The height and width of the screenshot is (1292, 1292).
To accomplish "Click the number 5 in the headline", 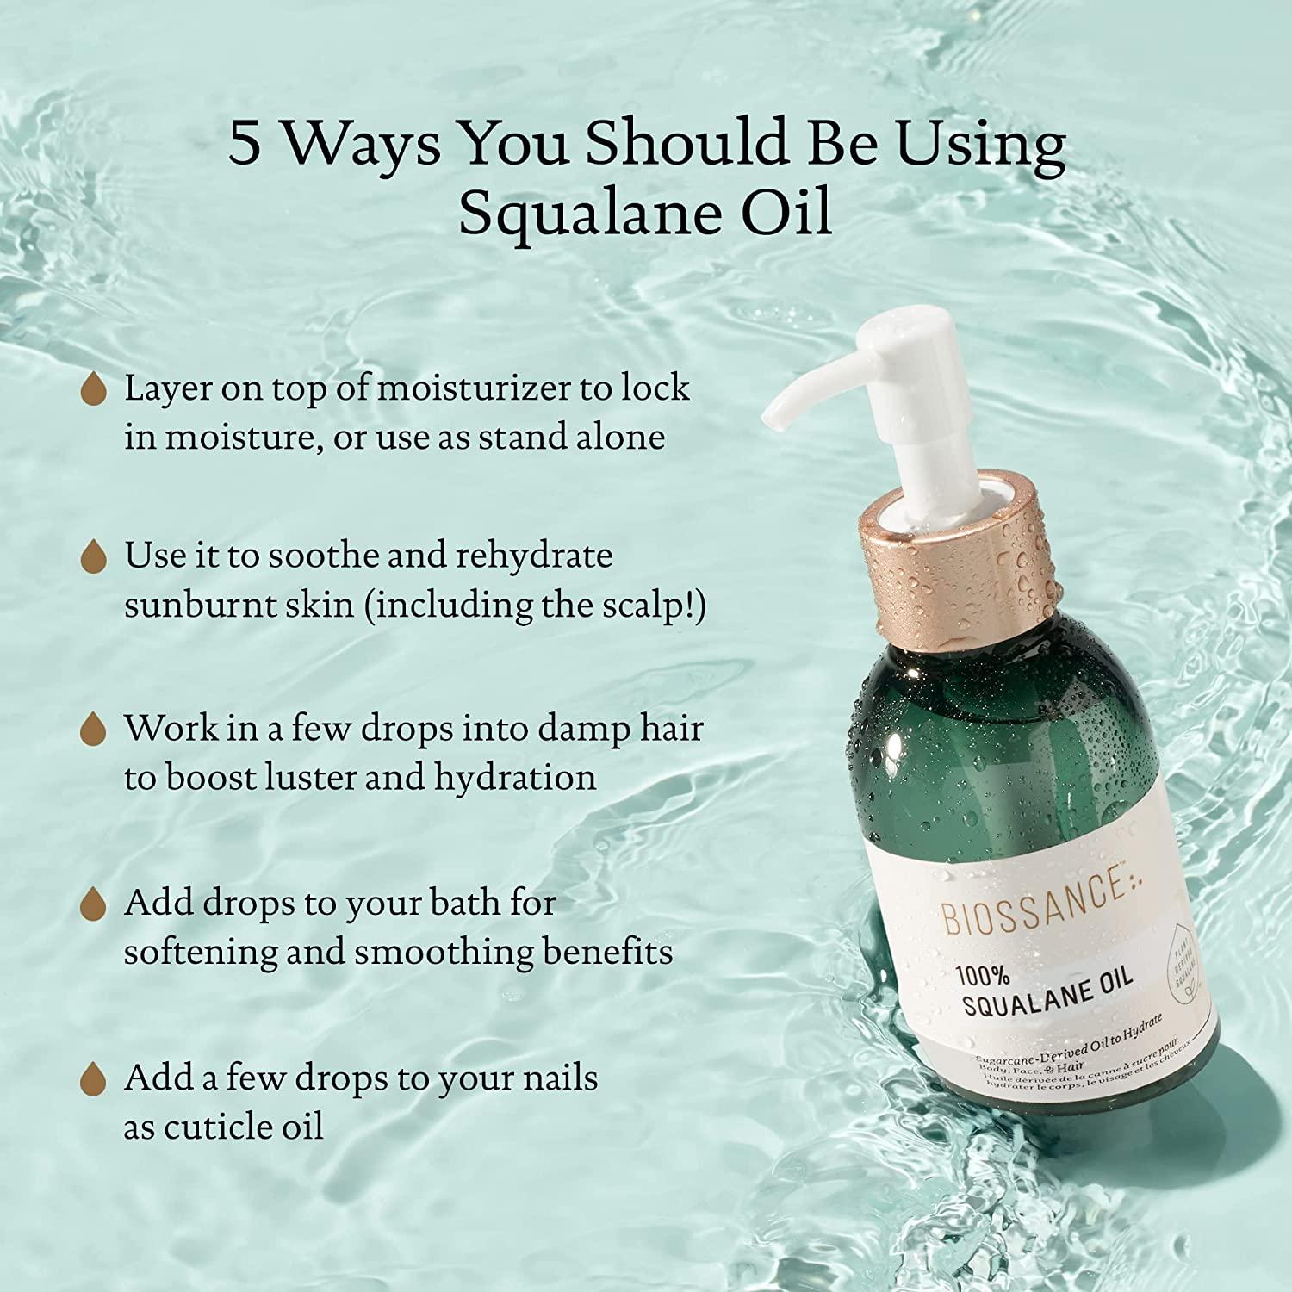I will click(244, 144).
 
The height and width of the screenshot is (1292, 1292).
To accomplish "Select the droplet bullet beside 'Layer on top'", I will click(93, 390).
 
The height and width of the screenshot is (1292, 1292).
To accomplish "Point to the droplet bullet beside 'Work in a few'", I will click(93, 730).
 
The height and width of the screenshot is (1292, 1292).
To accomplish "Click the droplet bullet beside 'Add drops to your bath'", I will click(93, 904).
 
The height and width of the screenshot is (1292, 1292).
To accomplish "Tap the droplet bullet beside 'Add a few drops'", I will click(93, 1078).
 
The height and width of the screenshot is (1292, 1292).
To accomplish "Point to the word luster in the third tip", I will click(309, 778).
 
